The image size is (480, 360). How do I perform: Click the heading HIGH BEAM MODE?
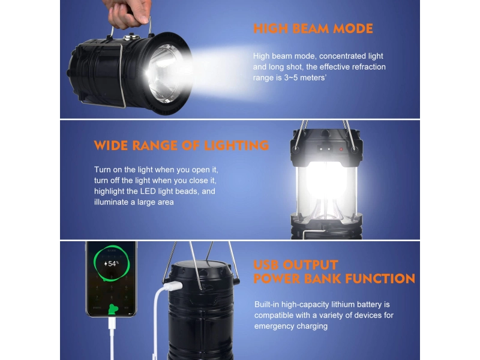point(313,28)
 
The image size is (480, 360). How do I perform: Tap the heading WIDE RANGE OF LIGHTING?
point(182,145)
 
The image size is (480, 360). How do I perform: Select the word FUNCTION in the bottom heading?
point(380,278)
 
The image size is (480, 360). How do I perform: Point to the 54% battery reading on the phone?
point(112,263)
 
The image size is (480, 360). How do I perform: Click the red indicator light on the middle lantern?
point(341,149)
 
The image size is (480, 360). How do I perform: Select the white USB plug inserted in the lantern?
point(172,287)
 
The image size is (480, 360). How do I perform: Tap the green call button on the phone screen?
point(113,309)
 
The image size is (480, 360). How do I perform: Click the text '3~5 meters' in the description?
point(304,78)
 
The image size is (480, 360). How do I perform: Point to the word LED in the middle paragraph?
point(148,191)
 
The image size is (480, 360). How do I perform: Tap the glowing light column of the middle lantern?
point(326,186)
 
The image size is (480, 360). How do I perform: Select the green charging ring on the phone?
point(112,263)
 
